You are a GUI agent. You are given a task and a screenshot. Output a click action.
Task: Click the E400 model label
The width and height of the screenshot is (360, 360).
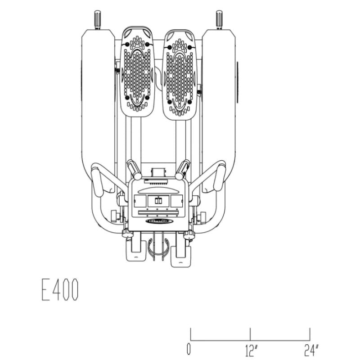pyautogui.click(x=60, y=291)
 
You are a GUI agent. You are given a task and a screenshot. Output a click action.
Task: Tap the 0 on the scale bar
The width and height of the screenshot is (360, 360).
pyautogui.click(x=189, y=349)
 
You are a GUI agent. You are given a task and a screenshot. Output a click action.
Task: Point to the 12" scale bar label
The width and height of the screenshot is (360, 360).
pyautogui.click(x=252, y=349)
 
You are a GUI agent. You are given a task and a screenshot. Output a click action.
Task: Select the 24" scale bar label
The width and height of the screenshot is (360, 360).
pyautogui.click(x=311, y=349)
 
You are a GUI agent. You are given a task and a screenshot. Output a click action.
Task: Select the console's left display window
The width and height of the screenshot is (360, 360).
pyautogui.click(x=140, y=201)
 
